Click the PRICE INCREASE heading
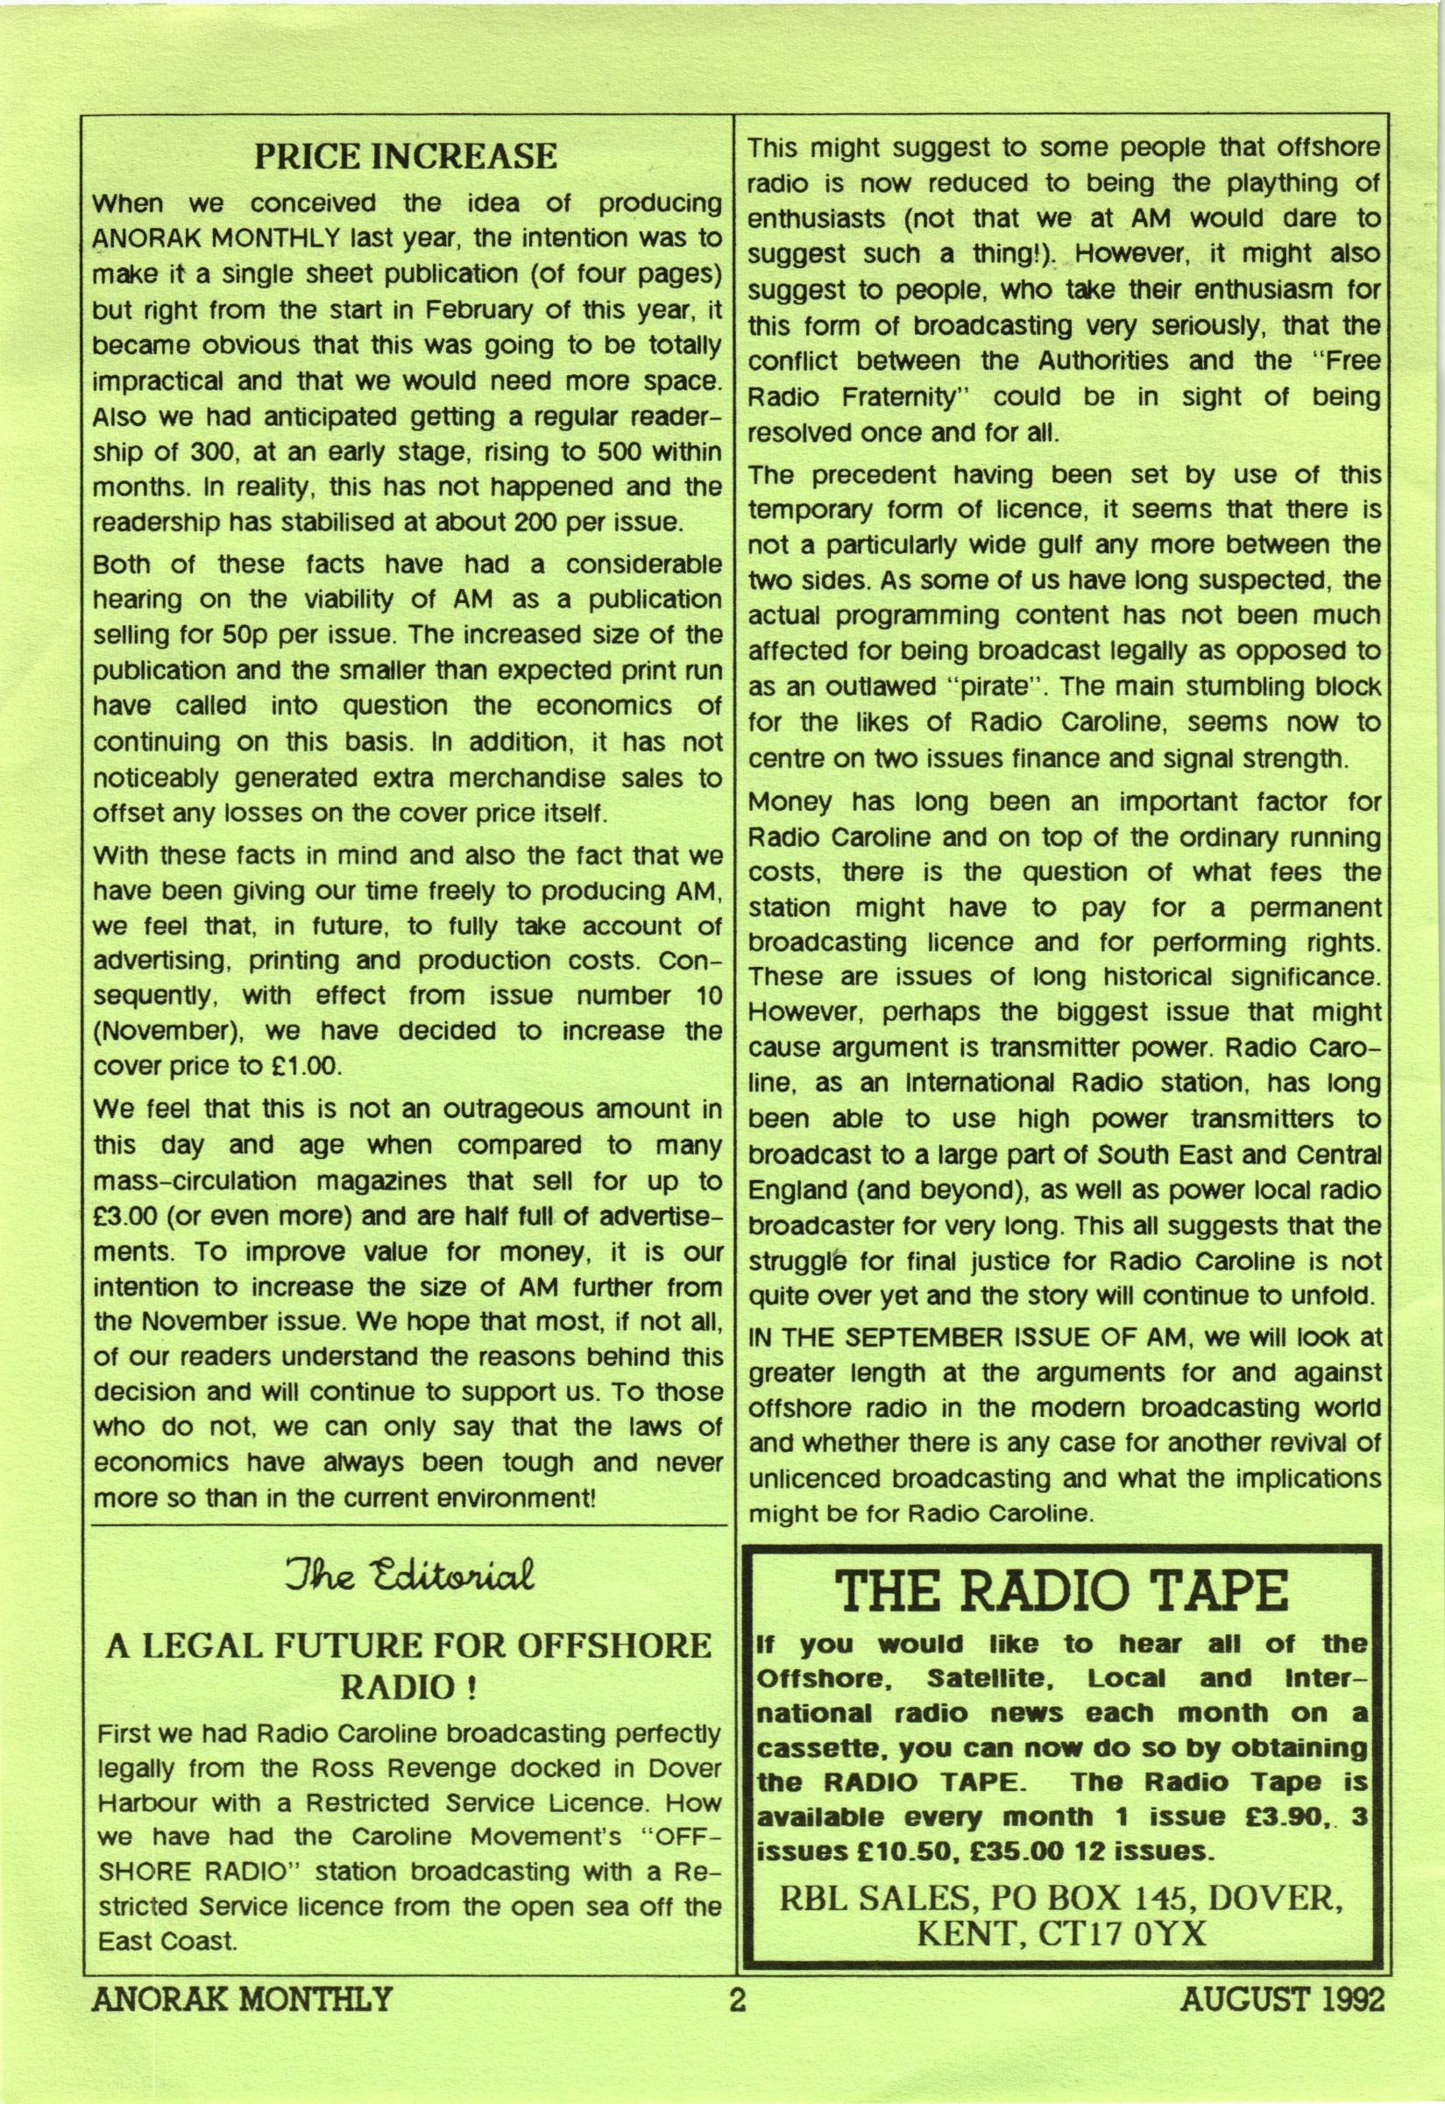click(405, 157)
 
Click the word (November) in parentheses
click(156, 1031)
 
